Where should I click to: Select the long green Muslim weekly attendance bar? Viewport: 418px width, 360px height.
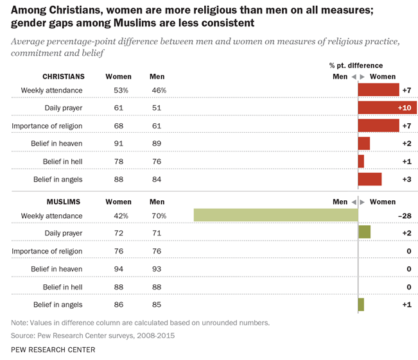pos(275,216)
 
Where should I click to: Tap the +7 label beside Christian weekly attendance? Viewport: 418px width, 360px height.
pos(406,90)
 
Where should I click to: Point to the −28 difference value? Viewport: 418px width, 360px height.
pos(405,216)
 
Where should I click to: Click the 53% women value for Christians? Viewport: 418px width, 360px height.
pos(120,90)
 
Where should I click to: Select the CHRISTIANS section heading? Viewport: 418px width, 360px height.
pos(64,76)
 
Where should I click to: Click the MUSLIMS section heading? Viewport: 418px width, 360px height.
pos(64,202)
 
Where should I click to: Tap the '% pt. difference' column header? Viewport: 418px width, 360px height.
pos(356,65)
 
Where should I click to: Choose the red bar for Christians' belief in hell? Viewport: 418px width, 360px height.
pos(361,161)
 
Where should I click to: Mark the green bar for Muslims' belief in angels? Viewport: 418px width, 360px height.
pos(361,304)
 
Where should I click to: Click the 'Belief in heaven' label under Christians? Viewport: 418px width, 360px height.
pos(57,143)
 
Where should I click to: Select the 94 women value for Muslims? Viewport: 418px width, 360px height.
pos(118,269)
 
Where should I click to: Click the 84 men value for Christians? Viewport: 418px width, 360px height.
pos(157,179)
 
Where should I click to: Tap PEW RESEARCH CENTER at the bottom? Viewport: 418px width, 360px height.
pos(53,350)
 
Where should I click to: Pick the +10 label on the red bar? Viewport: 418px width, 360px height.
pos(405,107)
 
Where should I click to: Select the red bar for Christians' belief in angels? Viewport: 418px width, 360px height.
pos(370,179)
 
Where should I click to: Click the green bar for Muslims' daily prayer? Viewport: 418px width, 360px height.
pos(364,232)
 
